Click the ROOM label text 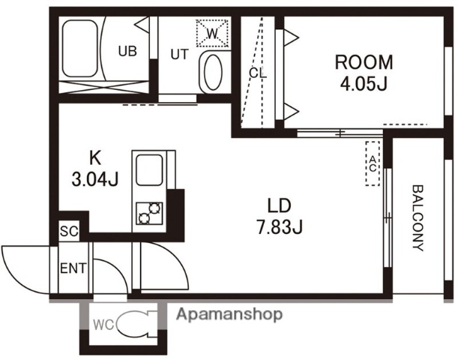tap(364, 62)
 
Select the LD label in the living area tap(280, 205)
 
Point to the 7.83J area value tap(280, 226)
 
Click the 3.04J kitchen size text tap(95, 178)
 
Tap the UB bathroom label tap(127, 51)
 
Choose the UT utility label tap(180, 54)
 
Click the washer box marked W tap(212, 33)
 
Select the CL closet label tap(258, 73)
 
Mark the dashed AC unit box tap(373, 163)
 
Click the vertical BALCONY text tap(418, 217)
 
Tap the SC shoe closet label tap(69, 232)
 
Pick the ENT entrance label tap(73, 268)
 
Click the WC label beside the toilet tap(103, 325)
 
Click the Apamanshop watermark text tap(229, 315)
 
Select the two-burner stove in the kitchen tap(149, 213)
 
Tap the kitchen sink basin tap(149, 170)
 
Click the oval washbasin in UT tap(213, 72)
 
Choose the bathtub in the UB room tap(79, 48)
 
